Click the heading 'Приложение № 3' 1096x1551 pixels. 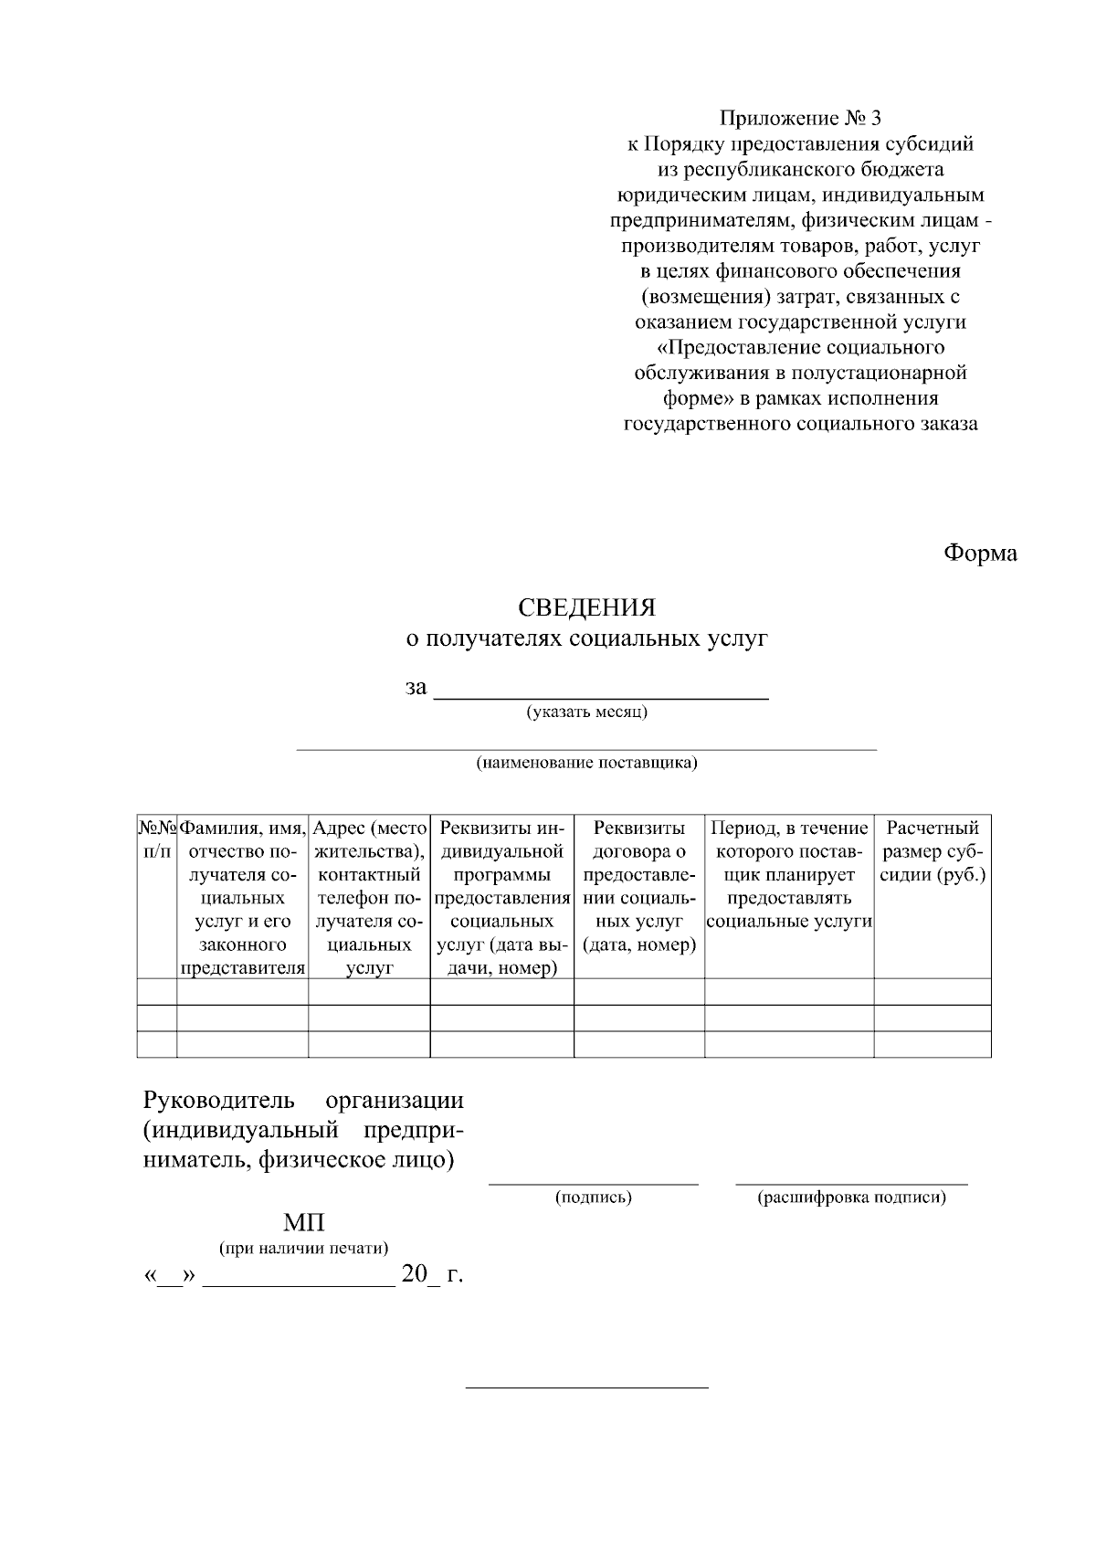click(x=801, y=118)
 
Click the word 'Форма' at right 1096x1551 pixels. click(x=980, y=554)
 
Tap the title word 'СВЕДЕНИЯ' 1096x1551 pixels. click(x=586, y=607)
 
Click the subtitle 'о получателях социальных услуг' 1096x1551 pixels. click(x=586, y=638)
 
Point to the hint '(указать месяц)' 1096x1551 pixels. click(x=586, y=712)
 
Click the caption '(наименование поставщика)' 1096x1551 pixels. click(x=586, y=763)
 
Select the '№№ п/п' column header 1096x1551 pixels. click(x=156, y=839)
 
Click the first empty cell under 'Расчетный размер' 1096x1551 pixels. click(x=933, y=992)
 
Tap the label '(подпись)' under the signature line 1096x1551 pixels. click(x=594, y=1197)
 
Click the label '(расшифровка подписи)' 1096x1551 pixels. click(x=851, y=1197)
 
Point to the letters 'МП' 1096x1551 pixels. click(x=303, y=1224)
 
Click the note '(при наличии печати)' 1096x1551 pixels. click(x=303, y=1248)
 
